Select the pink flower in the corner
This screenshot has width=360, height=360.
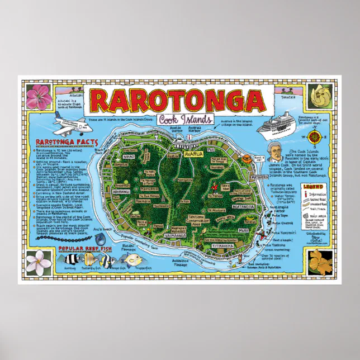pyautogui.click(x=39, y=94)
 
